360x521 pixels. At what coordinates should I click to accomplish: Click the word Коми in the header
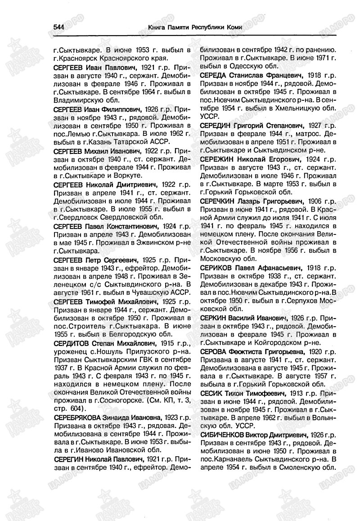coord(234,27)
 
